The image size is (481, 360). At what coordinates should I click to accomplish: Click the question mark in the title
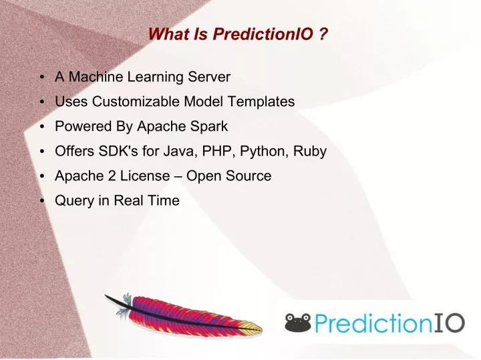(323, 34)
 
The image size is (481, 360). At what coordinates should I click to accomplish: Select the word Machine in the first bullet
(96, 77)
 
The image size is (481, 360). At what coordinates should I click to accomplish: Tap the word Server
(209, 77)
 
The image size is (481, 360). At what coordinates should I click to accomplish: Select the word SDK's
(118, 151)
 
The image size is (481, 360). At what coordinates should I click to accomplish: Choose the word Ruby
(310, 152)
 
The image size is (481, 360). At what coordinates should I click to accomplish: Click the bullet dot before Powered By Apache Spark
(42, 126)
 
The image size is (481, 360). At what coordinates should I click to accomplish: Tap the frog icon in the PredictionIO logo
(298, 323)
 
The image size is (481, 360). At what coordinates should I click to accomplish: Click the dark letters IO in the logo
(449, 323)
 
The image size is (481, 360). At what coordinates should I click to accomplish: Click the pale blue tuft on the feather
(124, 305)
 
